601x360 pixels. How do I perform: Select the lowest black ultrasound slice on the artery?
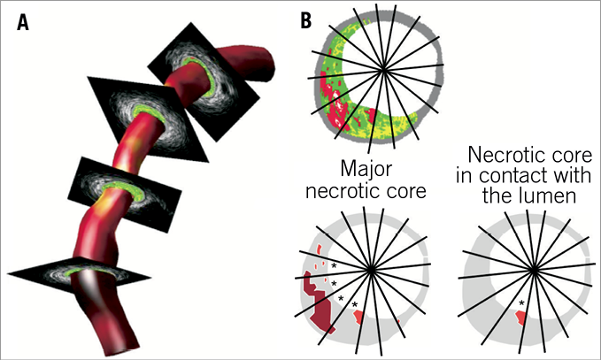coord(95,277)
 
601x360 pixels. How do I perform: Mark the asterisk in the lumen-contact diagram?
coord(521,305)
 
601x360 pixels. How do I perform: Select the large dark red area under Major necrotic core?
coord(318,301)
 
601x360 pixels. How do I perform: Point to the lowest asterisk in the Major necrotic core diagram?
coord(355,306)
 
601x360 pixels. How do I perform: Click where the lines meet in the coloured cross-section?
coord(383,67)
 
